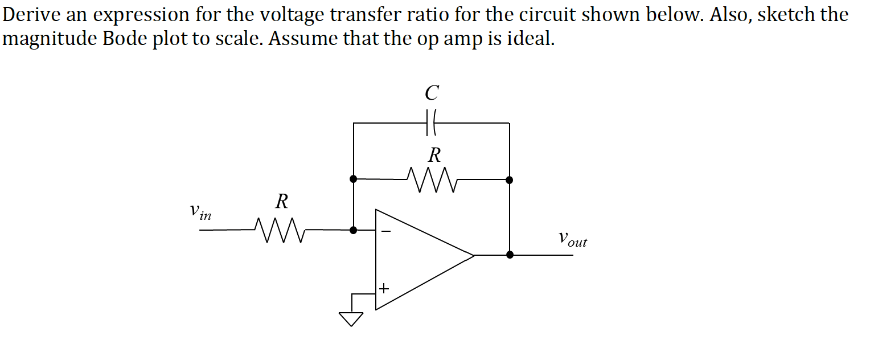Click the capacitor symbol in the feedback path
tap(431, 122)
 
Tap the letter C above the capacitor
tap(432, 92)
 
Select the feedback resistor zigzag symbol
tap(431, 179)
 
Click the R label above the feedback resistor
tap(434, 154)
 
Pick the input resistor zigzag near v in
tap(281, 230)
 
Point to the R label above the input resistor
tap(282, 201)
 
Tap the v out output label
tap(572, 239)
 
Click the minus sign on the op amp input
tap(385, 231)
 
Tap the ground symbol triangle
tap(351, 318)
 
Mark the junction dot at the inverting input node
tap(354, 230)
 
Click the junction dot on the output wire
tap(510, 255)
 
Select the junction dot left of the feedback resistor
tap(354, 179)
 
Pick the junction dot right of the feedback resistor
tap(510, 180)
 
